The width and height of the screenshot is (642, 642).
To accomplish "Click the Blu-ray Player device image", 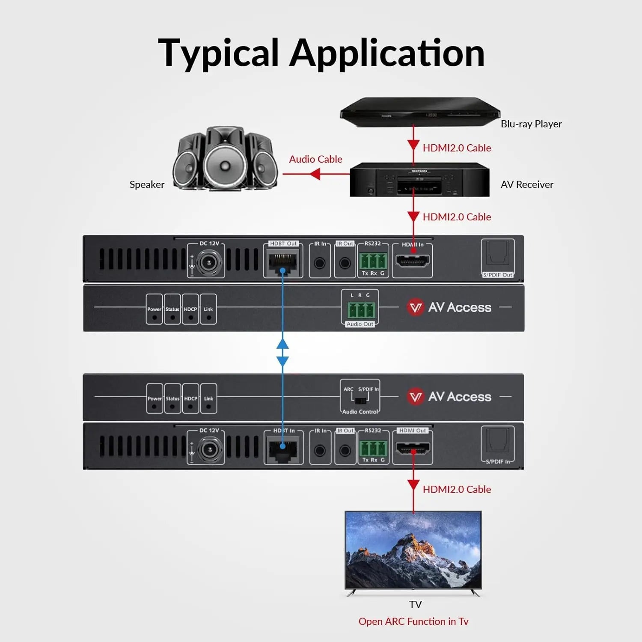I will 419,113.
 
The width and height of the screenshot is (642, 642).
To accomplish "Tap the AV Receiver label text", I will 526,184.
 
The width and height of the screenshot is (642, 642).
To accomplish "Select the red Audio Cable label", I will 315,159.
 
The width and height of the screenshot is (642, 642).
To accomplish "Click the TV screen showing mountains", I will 413,550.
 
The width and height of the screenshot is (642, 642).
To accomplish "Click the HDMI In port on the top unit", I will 412,261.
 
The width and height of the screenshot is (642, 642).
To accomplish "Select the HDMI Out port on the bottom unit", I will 413,449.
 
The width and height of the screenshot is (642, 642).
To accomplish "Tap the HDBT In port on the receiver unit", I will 283,450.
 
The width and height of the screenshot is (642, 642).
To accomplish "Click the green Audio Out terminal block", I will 360,310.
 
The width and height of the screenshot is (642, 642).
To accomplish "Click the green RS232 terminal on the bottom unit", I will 373,449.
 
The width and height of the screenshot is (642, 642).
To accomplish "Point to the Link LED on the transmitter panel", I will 208,317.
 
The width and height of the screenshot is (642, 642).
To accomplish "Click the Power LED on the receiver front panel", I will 154,406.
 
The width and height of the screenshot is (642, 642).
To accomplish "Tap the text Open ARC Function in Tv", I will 413,621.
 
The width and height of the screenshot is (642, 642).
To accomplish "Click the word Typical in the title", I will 218,53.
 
